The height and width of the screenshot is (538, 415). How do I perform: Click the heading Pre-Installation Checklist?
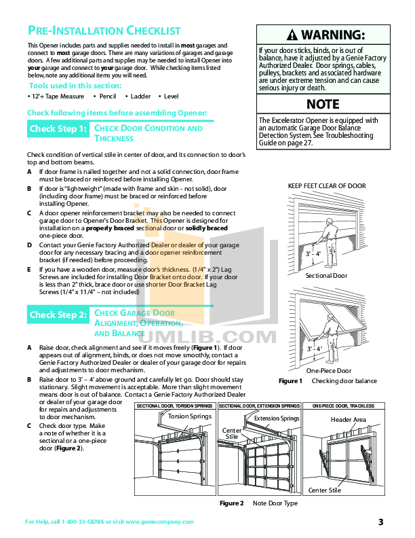[104, 31]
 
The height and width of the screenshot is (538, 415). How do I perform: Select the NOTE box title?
[323, 105]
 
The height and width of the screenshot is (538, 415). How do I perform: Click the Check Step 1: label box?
[58, 128]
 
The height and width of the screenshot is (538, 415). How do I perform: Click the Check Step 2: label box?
[58, 315]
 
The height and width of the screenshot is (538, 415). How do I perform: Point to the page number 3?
[380, 522]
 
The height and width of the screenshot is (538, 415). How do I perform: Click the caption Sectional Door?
[326, 276]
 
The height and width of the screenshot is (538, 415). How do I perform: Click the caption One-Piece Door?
[329, 371]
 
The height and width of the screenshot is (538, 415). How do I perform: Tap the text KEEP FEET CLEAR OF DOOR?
[327, 185]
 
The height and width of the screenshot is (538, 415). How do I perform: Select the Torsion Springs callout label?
[189, 416]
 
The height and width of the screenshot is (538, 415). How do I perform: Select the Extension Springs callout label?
[276, 419]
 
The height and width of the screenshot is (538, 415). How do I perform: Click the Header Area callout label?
[349, 420]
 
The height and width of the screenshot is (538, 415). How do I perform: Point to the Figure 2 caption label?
[231, 503]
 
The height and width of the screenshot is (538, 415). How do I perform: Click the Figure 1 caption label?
[290, 381]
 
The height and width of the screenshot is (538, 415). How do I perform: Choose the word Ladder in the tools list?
[140, 97]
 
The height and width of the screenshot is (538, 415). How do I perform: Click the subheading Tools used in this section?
[75, 86]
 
